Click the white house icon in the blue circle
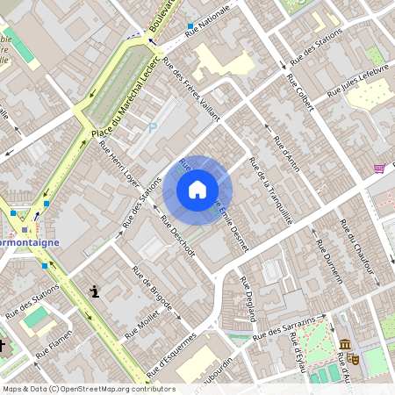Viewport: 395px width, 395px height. (197, 189)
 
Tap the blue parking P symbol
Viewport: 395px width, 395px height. (153, 128)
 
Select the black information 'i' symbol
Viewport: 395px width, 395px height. (94, 291)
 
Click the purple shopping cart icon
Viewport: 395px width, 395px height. (379, 168)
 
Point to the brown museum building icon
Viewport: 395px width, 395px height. (344, 344)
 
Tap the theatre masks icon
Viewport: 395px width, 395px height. (354, 358)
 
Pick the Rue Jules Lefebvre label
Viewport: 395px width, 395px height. (357, 80)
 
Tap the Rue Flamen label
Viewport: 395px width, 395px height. (54, 348)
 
